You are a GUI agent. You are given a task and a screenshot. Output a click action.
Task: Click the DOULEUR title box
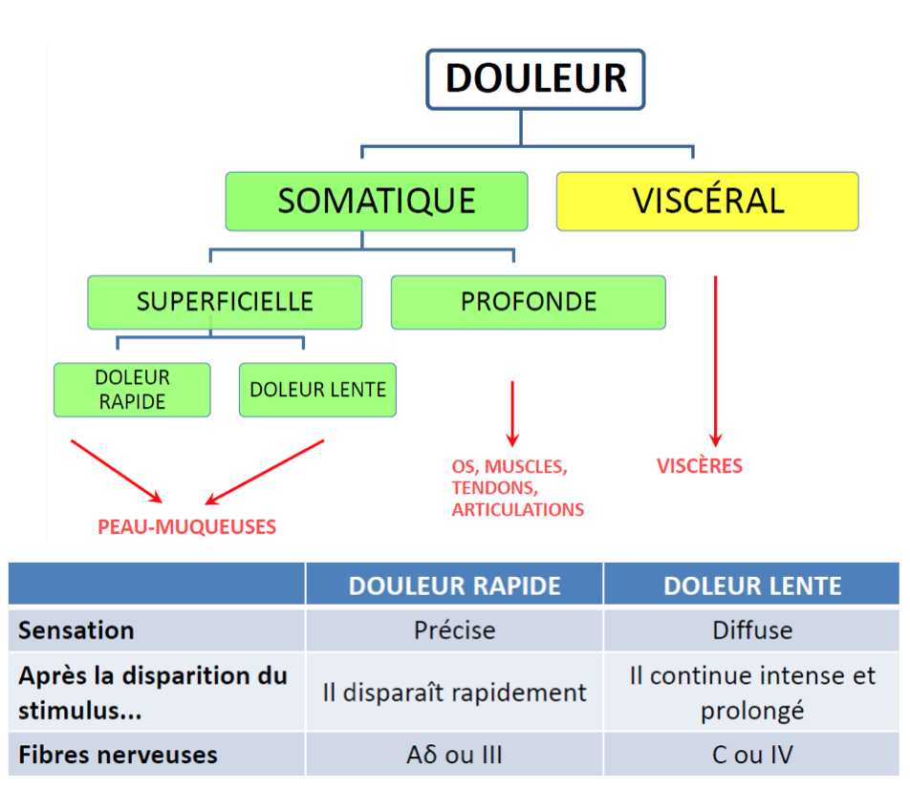535,78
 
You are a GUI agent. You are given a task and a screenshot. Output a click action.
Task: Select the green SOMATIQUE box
377,202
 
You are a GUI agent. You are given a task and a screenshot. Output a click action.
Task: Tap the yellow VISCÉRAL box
707,202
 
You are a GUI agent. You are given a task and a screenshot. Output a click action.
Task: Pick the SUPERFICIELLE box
225,302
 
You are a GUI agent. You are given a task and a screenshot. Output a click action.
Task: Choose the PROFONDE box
528,302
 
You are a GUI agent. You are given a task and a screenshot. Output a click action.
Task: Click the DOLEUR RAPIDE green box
132,390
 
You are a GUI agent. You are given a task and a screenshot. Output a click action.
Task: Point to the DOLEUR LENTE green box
317,390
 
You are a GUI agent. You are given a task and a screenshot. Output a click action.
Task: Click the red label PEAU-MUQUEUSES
186,526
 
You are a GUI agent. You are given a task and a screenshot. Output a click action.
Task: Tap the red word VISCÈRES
700,466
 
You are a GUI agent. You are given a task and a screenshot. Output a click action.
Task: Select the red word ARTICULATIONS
518,509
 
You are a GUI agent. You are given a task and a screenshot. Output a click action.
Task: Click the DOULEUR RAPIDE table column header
454,586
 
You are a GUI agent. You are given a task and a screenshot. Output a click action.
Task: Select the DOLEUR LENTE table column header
752,586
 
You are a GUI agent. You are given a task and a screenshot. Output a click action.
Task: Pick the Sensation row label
76,630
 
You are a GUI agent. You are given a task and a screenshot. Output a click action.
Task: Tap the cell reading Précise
454,630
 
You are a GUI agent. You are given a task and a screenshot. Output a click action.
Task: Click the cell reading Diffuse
752,630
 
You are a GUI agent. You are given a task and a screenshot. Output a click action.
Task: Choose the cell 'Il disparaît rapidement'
454,693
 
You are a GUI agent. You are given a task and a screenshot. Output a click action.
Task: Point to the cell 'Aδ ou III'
454,755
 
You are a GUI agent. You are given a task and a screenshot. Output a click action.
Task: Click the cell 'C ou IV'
752,755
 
